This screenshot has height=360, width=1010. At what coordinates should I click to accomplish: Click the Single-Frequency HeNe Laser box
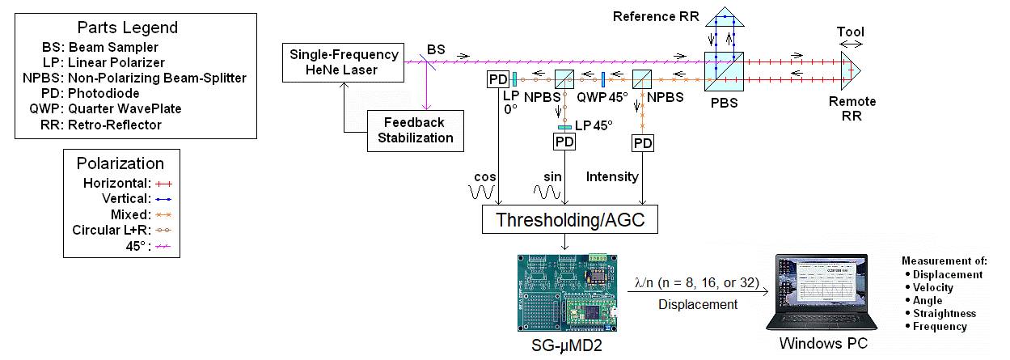coord(344,62)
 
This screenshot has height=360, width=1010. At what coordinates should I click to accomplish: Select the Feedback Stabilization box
coord(415,129)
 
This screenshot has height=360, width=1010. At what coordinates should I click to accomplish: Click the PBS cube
coord(723,71)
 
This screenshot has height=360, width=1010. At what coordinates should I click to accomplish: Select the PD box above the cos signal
coord(497,80)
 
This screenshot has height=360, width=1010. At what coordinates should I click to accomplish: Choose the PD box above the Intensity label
coord(643,143)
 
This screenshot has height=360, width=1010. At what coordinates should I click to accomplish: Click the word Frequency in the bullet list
coord(940,327)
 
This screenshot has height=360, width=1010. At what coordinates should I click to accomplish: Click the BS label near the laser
coord(436,50)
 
